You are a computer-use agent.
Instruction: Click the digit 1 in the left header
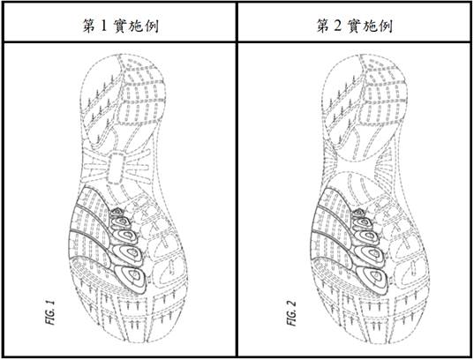pyautogui.click(x=103, y=26)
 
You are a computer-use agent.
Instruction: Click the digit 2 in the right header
pyautogui.click(x=338, y=26)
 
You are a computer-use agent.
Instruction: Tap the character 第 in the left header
pyautogui.click(x=89, y=26)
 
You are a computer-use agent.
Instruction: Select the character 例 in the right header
pyautogui.click(x=385, y=26)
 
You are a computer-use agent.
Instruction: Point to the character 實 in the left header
pyautogui.click(x=120, y=26)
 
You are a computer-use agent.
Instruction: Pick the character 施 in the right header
pyautogui.click(x=370, y=26)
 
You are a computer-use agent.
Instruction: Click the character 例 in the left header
pyautogui.click(x=152, y=26)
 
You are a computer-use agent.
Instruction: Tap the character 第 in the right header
pyautogui.click(x=323, y=26)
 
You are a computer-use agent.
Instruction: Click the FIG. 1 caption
pyautogui.click(x=50, y=312)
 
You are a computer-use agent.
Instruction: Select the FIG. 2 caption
pyautogui.click(x=291, y=313)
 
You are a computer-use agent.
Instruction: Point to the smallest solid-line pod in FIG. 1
pyautogui.click(x=117, y=213)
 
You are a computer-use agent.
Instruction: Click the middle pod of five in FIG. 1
pyautogui.click(x=124, y=236)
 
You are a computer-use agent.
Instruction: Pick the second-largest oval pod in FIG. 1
pyautogui.click(x=128, y=254)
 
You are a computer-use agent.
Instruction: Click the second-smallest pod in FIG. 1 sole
pyautogui.click(x=121, y=223)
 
